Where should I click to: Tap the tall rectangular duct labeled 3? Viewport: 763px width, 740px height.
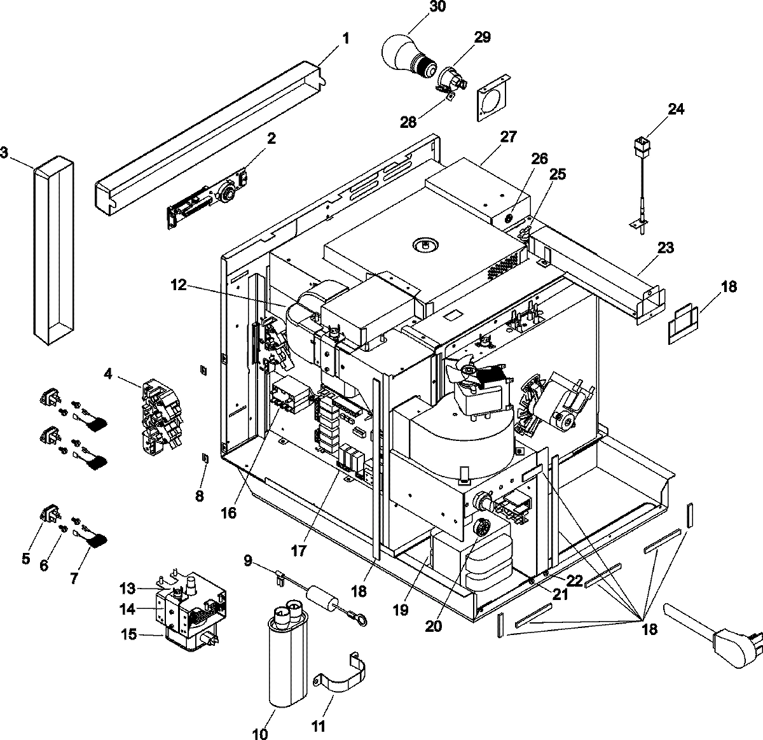(x=53, y=250)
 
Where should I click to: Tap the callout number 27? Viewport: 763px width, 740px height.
(x=508, y=137)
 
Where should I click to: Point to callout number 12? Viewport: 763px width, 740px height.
(x=179, y=286)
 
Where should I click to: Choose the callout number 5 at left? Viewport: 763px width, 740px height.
(x=26, y=560)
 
